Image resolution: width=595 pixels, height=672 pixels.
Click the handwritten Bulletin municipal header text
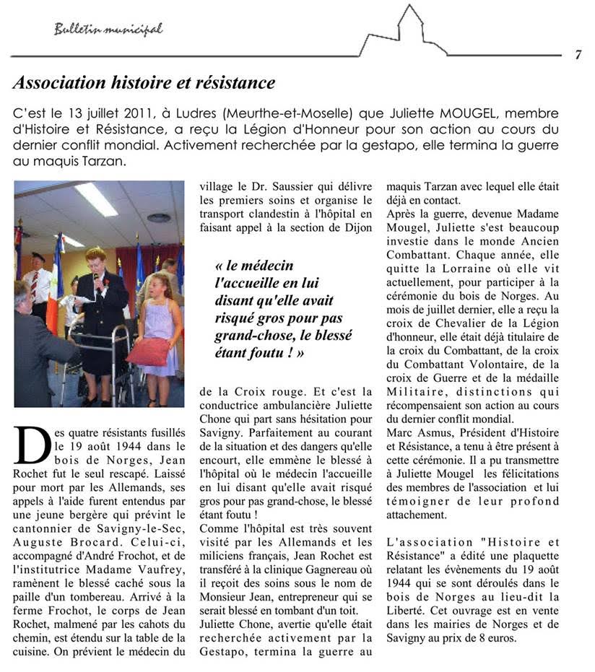click(x=108, y=30)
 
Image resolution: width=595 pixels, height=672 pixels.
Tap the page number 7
click(x=578, y=56)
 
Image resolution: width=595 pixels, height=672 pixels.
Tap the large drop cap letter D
click(x=32, y=443)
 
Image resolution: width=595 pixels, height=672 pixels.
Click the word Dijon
click(x=357, y=227)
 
